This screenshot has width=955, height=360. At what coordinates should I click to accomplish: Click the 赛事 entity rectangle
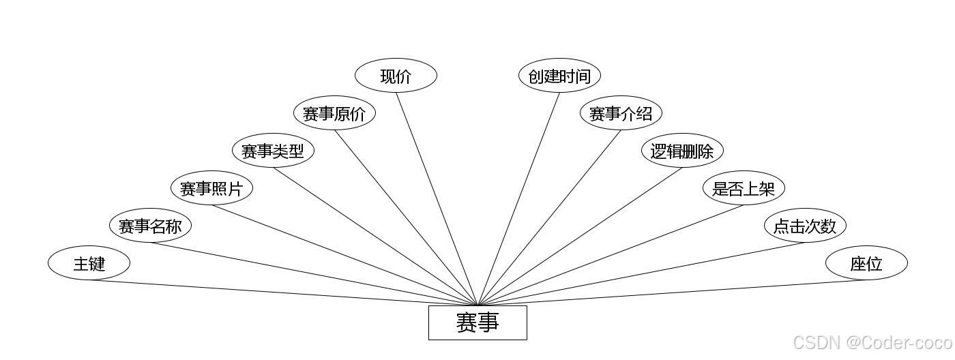(477, 322)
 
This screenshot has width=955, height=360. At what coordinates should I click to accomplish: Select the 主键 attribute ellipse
(89, 263)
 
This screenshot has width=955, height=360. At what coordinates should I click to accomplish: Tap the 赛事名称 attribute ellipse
(150, 226)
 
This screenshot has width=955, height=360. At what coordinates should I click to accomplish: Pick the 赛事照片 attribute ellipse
(211, 188)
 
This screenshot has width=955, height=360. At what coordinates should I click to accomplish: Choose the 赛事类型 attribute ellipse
(273, 151)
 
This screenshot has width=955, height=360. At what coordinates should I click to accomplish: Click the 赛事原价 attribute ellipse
(334, 113)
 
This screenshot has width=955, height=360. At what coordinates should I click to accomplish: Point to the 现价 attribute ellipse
(396, 76)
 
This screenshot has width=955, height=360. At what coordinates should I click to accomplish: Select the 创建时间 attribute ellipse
(559, 76)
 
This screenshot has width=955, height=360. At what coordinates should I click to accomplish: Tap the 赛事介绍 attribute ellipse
(621, 113)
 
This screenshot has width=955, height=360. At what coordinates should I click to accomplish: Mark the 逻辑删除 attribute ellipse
(682, 151)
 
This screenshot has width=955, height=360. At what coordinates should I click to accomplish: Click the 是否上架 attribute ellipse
(744, 188)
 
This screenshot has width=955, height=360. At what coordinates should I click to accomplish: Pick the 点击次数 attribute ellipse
(805, 226)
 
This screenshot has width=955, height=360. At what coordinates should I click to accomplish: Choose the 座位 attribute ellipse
(866, 263)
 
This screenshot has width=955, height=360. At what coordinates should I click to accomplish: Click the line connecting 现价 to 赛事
(437, 198)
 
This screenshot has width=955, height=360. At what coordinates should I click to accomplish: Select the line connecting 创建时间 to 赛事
(518, 198)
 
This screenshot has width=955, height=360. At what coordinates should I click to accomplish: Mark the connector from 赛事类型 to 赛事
(375, 237)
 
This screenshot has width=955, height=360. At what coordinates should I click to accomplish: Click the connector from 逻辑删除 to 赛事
(580, 237)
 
